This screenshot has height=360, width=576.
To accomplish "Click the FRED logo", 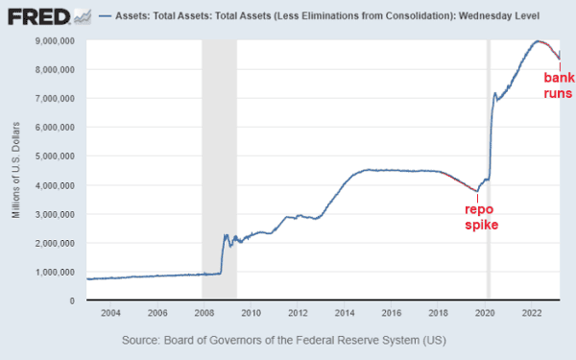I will pos(36,16).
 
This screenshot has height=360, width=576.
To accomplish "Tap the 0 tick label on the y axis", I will pos(74,300).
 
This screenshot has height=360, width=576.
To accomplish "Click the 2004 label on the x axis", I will pos(109,313).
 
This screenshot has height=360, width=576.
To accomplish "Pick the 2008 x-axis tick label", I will pos(203,313).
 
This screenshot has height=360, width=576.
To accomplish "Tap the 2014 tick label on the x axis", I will pos(344,313).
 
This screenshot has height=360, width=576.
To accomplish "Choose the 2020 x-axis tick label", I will pos(485,313).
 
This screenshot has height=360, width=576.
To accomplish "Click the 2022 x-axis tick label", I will pos(532,313).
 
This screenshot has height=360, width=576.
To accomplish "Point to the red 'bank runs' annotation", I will pos(558,85).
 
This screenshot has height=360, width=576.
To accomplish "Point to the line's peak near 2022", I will pos(539,41).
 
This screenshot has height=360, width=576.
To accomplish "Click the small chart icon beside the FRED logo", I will pos(83,16).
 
